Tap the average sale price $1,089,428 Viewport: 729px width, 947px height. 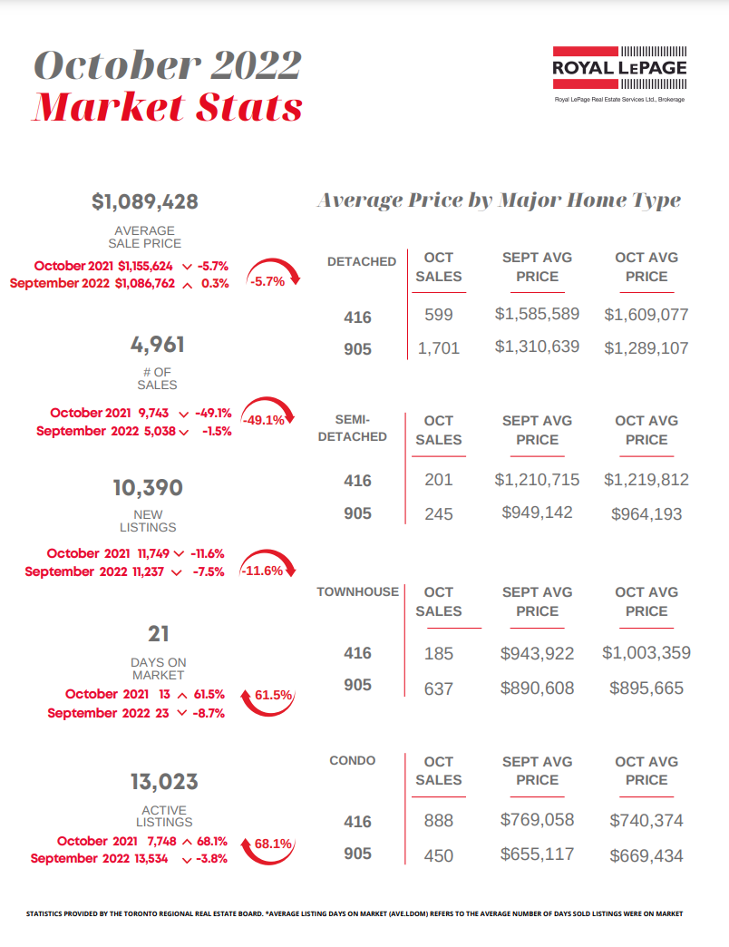click(x=145, y=201)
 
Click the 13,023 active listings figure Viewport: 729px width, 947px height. click(x=164, y=782)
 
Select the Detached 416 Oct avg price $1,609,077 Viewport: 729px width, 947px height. click(x=646, y=316)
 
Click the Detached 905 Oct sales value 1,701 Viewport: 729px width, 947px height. click(x=439, y=347)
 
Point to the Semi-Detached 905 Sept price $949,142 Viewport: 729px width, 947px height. click(x=537, y=513)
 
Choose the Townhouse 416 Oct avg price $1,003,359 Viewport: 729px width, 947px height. click(x=646, y=652)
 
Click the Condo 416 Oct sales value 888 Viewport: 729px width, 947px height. click(x=439, y=821)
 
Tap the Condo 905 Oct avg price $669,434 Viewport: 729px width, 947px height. click(x=646, y=855)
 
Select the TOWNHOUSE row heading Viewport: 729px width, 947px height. click(x=357, y=591)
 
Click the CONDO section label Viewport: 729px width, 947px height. click(x=352, y=760)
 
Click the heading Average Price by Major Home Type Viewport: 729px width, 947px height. click(x=498, y=200)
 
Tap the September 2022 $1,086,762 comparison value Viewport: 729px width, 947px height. click(x=147, y=283)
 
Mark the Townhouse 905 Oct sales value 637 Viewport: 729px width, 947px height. click(x=439, y=688)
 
